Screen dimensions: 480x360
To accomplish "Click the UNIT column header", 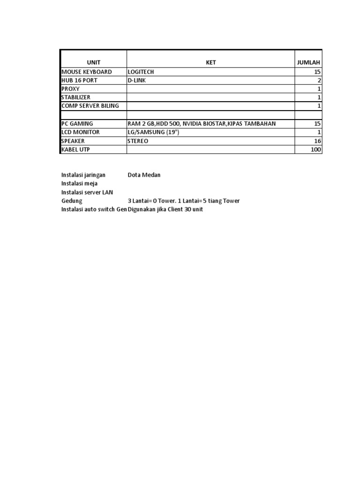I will [x=93, y=62].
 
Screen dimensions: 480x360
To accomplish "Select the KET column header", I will [x=211, y=62].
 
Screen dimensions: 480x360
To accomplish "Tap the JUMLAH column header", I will [x=308, y=62].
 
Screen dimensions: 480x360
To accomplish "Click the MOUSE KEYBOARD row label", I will [x=87, y=72].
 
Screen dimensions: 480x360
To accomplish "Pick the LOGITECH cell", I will [x=141, y=72].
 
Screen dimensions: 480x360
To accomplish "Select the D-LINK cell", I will [x=136, y=81].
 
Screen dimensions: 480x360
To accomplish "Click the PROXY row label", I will [x=71, y=89].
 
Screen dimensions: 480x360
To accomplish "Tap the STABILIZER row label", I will [x=76, y=97].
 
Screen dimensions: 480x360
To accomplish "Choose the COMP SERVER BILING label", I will [x=90, y=105].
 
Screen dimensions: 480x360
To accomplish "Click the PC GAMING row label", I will [x=77, y=123].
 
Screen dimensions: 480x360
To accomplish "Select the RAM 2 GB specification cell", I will [x=202, y=123].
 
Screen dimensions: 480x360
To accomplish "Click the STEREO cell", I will [x=138, y=141].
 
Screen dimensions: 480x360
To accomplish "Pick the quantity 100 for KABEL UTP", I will [x=315, y=150].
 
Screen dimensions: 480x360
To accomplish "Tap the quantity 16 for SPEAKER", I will [x=317, y=141].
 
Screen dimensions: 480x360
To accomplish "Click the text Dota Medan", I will [x=144, y=175].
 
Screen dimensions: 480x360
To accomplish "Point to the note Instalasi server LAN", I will [x=87, y=192].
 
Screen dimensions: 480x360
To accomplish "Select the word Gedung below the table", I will [x=72, y=201].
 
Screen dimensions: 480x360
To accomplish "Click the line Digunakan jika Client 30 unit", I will [x=165, y=209].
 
